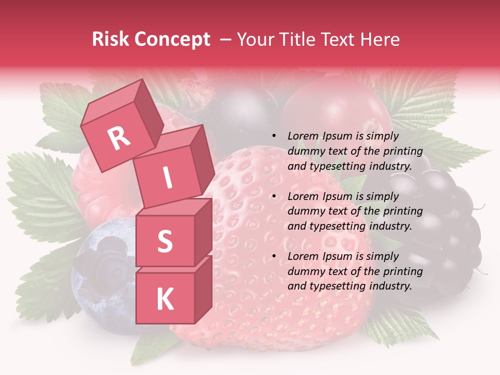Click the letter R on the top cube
[x=119, y=138]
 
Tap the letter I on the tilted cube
[x=167, y=178]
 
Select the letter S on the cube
[x=165, y=242]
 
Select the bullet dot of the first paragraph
[x=274, y=136]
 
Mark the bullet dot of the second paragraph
[x=274, y=196]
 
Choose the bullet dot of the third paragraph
[x=274, y=256]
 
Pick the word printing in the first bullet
[x=403, y=151]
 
